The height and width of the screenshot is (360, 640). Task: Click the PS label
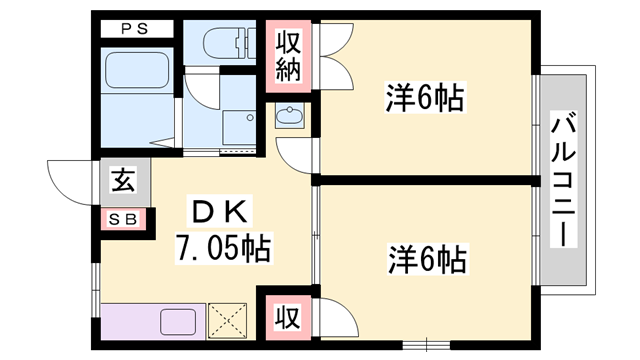coord(134,29)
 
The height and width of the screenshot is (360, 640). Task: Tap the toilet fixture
coord(229,42)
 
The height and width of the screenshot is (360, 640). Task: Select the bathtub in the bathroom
coord(137,70)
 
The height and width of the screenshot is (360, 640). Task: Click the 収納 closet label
coord(289,56)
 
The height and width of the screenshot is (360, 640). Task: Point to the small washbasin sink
coord(289,116)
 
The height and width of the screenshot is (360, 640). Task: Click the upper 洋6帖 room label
coord(425,98)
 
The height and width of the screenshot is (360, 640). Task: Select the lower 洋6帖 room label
coord(427,260)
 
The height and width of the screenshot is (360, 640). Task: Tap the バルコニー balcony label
coord(563,179)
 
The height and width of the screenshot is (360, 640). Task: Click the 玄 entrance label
coord(123,180)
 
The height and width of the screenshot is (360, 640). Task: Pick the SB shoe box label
coord(123,220)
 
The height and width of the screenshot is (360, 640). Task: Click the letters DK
coord(220,211)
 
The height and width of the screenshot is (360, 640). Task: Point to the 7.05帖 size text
coord(224,248)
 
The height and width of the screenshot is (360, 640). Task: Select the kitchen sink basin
coord(178,322)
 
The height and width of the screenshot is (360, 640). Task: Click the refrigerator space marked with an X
coord(228,321)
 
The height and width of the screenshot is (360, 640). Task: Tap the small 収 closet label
coord(288,317)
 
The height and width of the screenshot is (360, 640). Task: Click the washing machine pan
coord(239,127)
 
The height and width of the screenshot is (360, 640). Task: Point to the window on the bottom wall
coord(426,345)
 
